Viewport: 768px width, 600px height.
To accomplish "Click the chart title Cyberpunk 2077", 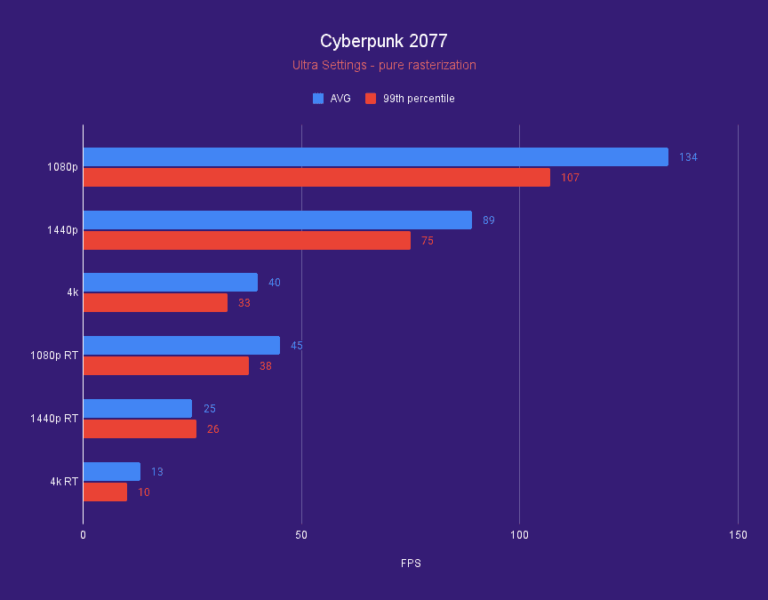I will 384,41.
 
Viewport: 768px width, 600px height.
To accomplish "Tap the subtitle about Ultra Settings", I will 384,65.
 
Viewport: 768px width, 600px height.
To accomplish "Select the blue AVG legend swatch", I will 318,99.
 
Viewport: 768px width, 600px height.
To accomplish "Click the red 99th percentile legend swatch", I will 370,99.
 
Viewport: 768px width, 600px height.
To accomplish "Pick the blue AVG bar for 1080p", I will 375,157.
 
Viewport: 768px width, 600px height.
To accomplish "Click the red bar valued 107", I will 316,178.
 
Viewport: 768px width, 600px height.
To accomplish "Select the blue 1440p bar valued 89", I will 277,220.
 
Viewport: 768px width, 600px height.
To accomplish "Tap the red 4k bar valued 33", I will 156,303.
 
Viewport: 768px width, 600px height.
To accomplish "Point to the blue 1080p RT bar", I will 181,346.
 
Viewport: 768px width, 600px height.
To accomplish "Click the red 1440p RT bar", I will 140,429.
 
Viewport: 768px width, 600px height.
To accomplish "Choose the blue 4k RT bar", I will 111,472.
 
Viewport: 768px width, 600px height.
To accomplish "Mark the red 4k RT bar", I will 105,492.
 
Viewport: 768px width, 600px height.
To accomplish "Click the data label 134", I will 688,157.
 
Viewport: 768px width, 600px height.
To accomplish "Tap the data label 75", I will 428,241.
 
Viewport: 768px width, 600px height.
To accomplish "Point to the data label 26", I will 212,429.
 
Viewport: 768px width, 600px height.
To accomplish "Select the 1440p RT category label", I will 54,419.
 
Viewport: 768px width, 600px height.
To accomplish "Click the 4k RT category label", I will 64,482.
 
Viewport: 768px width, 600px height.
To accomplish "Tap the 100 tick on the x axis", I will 520,535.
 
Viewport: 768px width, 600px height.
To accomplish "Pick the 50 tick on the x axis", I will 301,535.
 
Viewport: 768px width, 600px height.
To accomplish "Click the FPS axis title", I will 411,564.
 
